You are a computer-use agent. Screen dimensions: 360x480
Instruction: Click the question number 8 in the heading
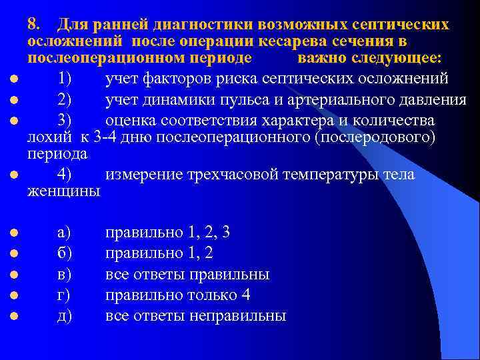coord(33,24)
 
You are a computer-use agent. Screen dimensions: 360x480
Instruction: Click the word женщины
coord(64,191)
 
